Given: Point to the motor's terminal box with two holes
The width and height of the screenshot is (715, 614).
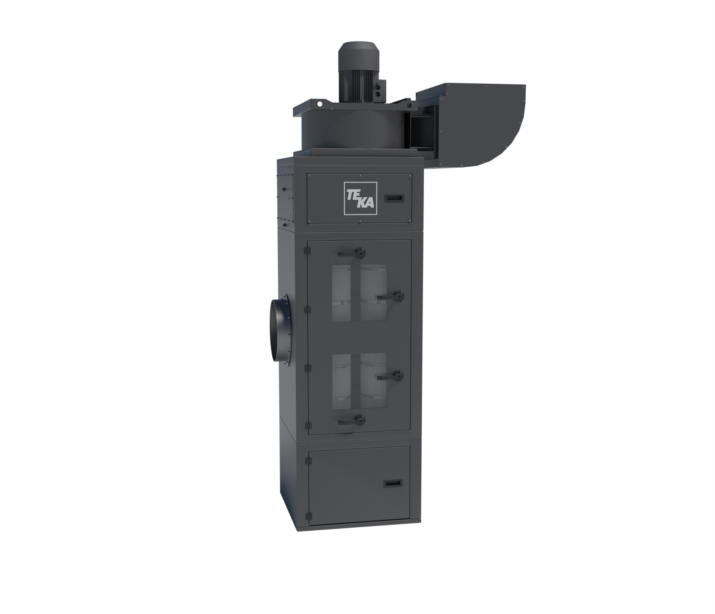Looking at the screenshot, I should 378,90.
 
